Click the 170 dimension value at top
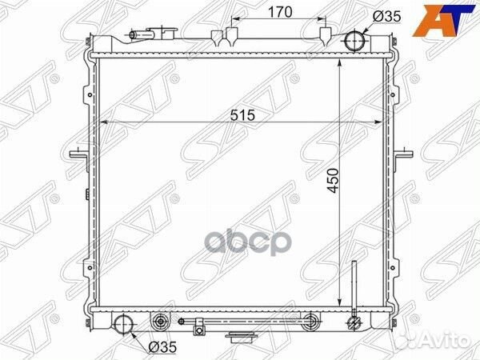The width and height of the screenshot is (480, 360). pos(280,12)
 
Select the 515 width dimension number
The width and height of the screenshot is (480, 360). pos(242,115)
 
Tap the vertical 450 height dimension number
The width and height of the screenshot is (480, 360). pos(333,181)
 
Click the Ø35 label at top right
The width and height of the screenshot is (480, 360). pos(386,17)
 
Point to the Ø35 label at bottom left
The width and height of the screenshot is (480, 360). pos(162,347)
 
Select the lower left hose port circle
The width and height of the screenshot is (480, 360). pos(124,325)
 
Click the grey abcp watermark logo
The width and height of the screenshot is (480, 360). pos(246,244)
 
